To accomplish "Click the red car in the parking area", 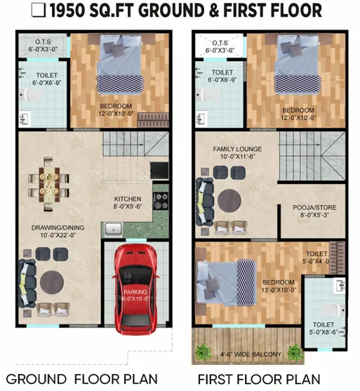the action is pyautogui.click(x=135, y=289).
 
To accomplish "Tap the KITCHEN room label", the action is pyautogui.click(x=128, y=199).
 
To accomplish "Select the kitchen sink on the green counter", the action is pyautogui.click(x=114, y=229).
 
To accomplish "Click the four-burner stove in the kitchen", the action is pyautogui.click(x=161, y=201).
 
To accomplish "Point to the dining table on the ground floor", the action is pyautogui.click(x=49, y=185).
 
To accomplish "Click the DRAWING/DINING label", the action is pyautogui.click(x=58, y=227).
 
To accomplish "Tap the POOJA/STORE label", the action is pyautogui.click(x=314, y=207).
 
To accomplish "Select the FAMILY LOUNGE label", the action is pyautogui.click(x=237, y=149).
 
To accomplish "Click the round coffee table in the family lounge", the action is pyautogui.click(x=229, y=201).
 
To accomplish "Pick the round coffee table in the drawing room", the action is pyautogui.click(x=52, y=282).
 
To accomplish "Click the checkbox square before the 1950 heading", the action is pyautogui.click(x=39, y=11).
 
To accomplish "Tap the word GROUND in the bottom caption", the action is pyautogui.click(x=36, y=379).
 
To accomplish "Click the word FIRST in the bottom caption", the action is pyautogui.click(x=215, y=379).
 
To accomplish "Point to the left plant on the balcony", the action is pyautogui.click(x=204, y=352).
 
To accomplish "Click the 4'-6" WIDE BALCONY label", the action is pyautogui.click(x=251, y=354).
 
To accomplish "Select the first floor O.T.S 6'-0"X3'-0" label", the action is pyautogui.click(x=220, y=46).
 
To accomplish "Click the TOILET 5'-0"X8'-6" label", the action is pyautogui.click(x=324, y=328).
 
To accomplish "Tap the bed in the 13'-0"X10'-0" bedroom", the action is pyautogui.click(x=227, y=283).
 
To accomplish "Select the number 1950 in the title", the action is pyautogui.click(x=67, y=11).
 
